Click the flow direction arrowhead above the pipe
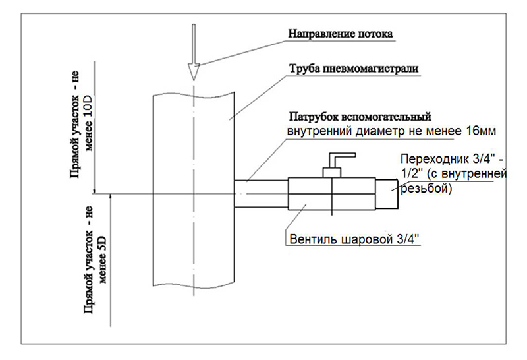point(194,71)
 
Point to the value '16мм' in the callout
point(481,131)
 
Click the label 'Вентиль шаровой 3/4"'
point(356,238)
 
